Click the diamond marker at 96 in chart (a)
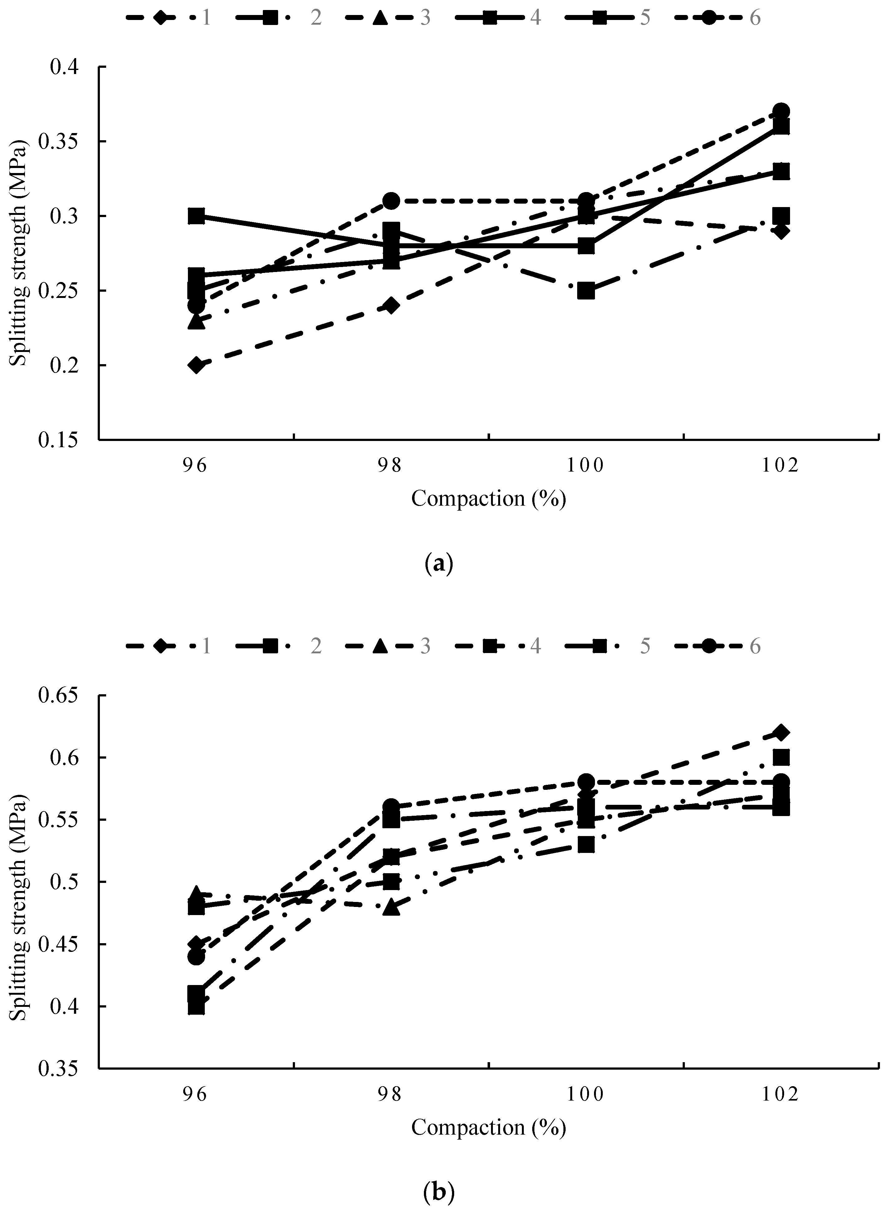pos(196,365)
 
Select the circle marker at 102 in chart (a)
pos(781,111)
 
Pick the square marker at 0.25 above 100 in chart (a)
pos(586,291)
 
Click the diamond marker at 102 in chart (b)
pos(781,732)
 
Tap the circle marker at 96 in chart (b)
pos(196,957)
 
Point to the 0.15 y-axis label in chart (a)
pos(58,440)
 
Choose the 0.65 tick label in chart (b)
pos(58,696)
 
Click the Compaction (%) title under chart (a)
pos(489,498)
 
